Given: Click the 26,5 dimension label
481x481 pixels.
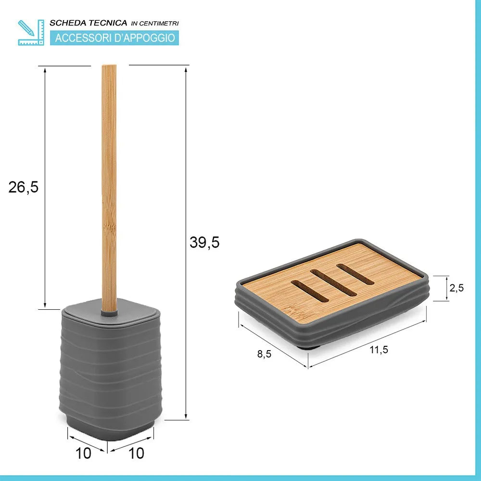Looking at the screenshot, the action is (x=23, y=187).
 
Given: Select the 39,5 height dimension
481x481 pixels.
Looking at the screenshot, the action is (x=204, y=242).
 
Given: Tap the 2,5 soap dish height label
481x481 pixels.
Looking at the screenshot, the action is (x=457, y=288).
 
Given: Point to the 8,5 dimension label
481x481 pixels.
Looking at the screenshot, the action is (x=264, y=354).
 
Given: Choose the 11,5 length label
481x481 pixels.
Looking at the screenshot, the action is (x=379, y=349).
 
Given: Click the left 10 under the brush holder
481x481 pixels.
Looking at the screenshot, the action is (x=83, y=453).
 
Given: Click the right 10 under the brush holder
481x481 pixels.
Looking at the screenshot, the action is (x=136, y=453).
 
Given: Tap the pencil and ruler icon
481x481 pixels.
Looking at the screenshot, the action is (x=31, y=33).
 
